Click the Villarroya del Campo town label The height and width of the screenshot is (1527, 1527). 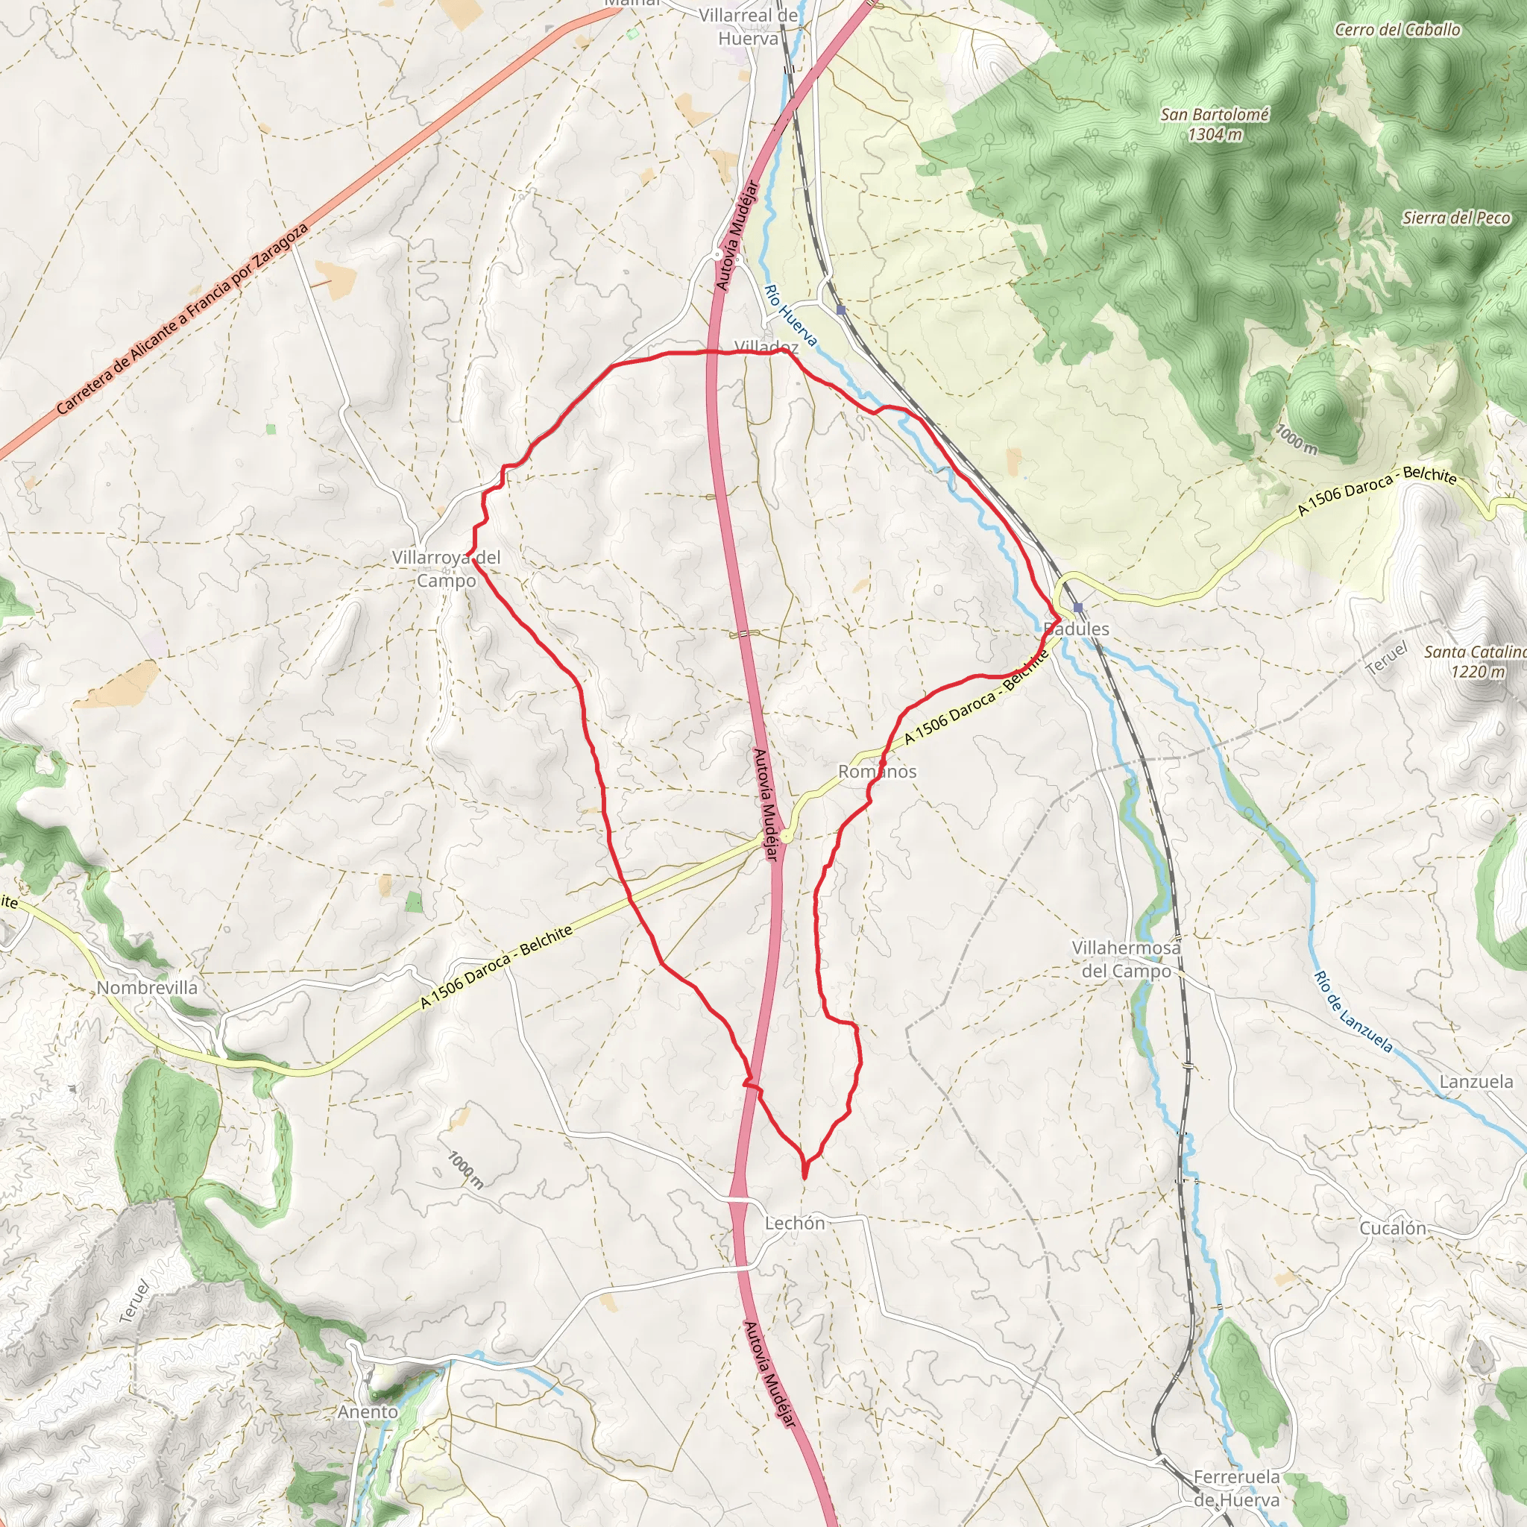447,569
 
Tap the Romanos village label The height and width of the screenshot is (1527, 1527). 877,772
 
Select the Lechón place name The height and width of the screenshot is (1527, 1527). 794,1223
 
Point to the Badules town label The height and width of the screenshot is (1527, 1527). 1077,629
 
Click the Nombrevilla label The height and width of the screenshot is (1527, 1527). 147,987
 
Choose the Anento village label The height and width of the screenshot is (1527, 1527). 368,1411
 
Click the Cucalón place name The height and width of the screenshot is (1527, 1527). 1393,1228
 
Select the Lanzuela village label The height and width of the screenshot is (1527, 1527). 1476,1081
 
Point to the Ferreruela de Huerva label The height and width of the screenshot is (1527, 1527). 1236,1488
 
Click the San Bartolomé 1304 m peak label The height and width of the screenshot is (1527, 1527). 1214,124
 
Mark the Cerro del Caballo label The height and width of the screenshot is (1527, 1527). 1397,30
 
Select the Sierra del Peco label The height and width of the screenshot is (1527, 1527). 1456,218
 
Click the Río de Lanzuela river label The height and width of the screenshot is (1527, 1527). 1353,1012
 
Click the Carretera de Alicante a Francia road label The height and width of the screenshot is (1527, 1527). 182,318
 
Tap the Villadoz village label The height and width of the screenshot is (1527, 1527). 765,346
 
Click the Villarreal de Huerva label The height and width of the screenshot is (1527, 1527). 748,27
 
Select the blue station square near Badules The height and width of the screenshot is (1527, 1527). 1078,607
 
